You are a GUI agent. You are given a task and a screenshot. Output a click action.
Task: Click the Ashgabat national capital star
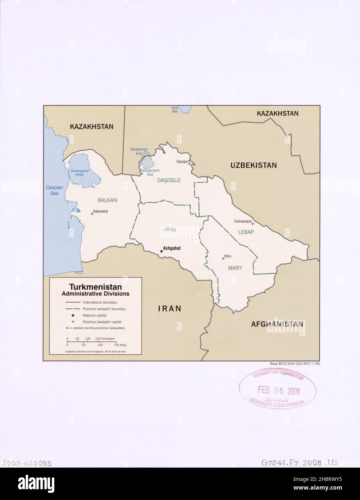click(161, 251)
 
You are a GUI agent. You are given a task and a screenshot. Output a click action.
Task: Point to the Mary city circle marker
click(223, 258)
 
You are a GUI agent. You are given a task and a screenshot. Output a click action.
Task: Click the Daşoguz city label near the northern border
click(182, 162)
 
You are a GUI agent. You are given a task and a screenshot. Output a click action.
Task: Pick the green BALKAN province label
click(108, 200)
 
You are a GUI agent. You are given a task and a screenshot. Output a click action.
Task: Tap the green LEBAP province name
click(246, 232)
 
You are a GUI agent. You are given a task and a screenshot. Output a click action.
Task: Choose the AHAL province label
click(170, 229)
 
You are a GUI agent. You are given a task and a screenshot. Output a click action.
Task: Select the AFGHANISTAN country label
click(277, 324)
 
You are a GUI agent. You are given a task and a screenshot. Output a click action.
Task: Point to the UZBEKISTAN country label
click(254, 165)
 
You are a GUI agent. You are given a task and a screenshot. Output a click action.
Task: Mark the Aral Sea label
click(174, 109)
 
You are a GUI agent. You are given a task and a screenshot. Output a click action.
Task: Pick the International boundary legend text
click(100, 303)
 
